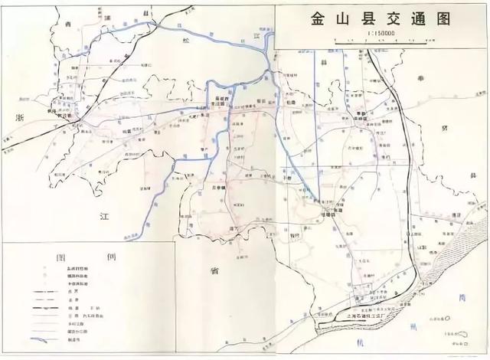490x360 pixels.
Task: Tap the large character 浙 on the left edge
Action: coord(21,115)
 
